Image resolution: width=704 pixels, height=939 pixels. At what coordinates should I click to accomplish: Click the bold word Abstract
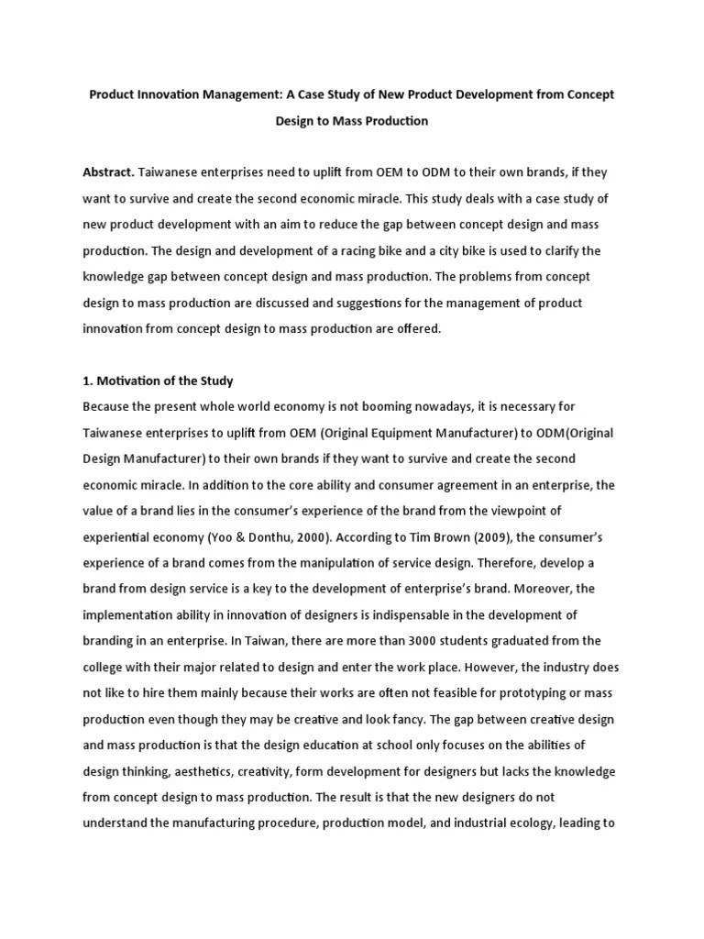[x=108, y=172]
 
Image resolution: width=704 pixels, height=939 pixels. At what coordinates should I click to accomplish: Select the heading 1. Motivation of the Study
[x=158, y=380]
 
